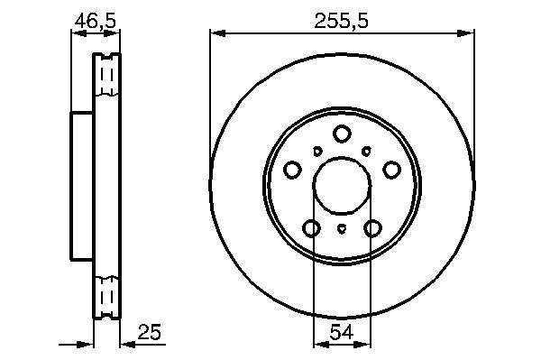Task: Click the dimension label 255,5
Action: tap(341, 22)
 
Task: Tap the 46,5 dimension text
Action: tap(96, 22)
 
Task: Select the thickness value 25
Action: tap(150, 332)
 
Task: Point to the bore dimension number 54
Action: tap(342, 332)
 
